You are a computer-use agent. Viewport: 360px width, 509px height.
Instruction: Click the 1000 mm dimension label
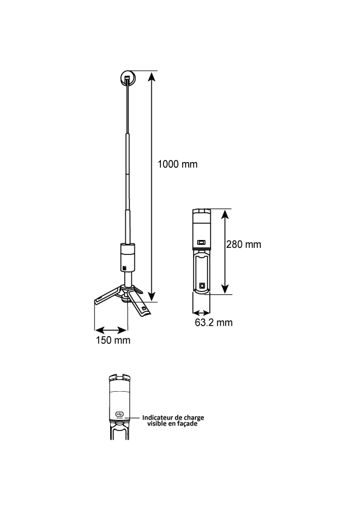pyautogui.click(x=177, y=164)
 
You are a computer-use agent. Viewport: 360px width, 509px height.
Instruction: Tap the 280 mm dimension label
pyautogui.click(x=244, y=244)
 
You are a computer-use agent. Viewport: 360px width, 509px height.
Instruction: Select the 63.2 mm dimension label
pyautogui.click(x=214, y=322)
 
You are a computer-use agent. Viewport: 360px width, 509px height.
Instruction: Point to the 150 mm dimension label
pyautogui.click(x=113, y=340)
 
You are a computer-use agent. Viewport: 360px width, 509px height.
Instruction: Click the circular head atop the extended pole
pyautogui.click(x=128, y=78)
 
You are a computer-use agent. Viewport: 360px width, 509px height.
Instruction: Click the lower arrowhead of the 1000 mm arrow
pyautogui.click(x=151, y=296)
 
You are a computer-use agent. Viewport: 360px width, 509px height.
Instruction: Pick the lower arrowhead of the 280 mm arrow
pyautogui.click(x=225, y=289)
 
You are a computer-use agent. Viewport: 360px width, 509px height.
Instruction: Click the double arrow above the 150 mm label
pyautogui.click(x=111, y=331)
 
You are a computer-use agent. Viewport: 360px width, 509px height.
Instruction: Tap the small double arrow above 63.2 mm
pyautogui.click(x=201, y=313)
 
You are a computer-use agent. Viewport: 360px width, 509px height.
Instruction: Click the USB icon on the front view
pyautogui.click(x=120, y=414)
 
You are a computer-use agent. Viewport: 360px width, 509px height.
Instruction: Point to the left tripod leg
pyautogui.click(x=108, y=295)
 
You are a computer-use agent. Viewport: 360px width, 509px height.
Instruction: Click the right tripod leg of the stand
pyautogui.click(x=139, y=303)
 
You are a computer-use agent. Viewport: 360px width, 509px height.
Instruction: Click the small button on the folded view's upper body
pyautogui.click(x=201, y=242)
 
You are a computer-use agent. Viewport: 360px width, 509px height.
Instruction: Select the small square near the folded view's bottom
pyautogui.click(x=202, y=285)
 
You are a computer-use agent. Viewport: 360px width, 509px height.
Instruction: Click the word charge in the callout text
pyautogui.click(x=194, y=418)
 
